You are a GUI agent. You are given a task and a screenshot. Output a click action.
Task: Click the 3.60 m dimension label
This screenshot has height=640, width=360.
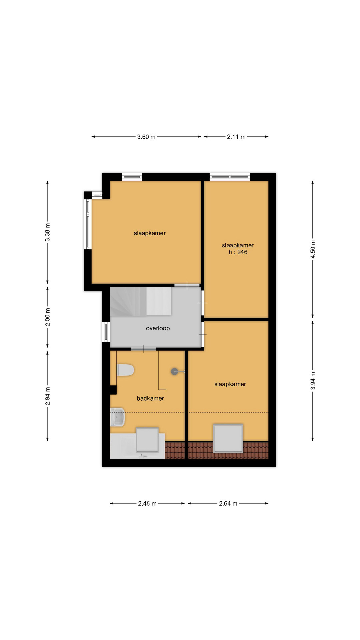coord(146,137)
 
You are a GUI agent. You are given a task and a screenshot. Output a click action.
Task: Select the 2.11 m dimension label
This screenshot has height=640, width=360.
coord(236,137)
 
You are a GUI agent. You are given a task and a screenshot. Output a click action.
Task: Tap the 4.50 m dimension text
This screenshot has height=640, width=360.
coord(313,249)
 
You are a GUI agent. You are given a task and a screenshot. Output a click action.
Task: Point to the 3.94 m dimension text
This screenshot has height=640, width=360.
coord(313,381)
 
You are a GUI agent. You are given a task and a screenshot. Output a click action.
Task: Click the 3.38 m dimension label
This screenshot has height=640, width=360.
coord(48,232)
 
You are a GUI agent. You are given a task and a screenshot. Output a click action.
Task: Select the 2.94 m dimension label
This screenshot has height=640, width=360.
coord(48,396)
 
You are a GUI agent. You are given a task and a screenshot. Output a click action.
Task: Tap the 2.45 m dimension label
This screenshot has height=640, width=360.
coord(147,503)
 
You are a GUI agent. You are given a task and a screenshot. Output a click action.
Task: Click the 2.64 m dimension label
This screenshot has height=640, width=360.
coord(228,503)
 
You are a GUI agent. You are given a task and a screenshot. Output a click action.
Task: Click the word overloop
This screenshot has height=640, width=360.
coord(158,328)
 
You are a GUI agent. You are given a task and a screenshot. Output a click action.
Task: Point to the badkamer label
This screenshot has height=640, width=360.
coord(150,398)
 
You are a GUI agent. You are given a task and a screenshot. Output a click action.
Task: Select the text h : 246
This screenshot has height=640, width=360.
coord(238,252)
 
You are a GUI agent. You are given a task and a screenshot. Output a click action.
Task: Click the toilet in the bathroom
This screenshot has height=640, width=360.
coord(126,370)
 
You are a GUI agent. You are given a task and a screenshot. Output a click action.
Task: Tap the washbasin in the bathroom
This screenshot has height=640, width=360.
coord(117,417)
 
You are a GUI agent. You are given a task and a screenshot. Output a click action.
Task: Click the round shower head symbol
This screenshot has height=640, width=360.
coord(175,371)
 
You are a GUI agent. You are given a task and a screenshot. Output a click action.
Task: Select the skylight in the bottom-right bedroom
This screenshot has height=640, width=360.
coord(228,438)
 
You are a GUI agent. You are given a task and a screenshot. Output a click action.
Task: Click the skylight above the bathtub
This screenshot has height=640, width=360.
coord(147,439)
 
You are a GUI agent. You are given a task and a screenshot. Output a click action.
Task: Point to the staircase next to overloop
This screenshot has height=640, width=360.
coord(140,301)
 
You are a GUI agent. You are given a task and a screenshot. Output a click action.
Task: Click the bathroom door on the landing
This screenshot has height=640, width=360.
coord(144,349)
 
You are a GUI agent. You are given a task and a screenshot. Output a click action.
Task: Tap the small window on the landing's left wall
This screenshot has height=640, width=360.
coord(106,332)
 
